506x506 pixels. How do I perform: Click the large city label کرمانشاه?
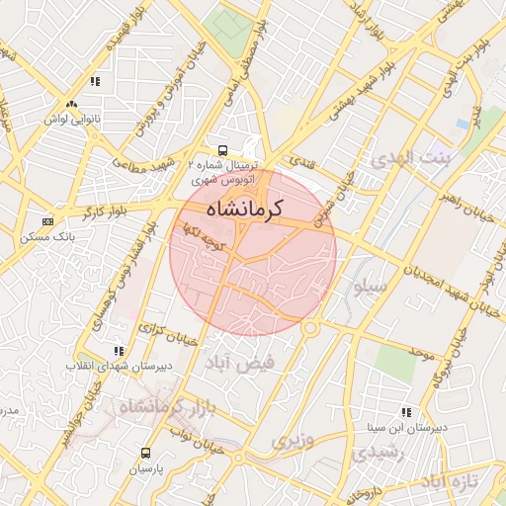click(245, 210)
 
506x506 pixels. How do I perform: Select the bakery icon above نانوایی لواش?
click(70, 104)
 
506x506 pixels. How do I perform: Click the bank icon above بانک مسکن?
click(47, 221)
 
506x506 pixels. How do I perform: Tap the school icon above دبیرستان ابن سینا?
click(405, 412)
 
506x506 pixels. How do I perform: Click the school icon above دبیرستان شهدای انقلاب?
click(119, 350)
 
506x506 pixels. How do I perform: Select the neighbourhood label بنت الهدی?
click(409, 158)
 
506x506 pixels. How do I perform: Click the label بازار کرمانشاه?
click(165, 405)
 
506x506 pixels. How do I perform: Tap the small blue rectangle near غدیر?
click(462, 125)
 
